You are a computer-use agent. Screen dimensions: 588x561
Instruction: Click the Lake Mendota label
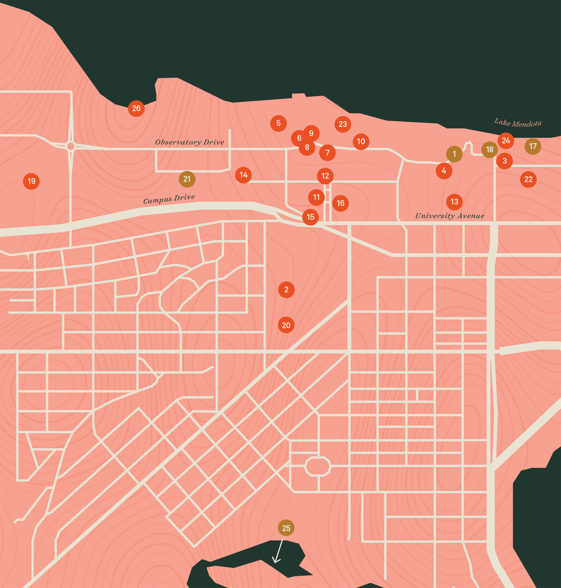point(518,123)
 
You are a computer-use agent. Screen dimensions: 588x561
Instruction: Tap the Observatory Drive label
point(190,142)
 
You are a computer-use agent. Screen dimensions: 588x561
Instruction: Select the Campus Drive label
point(169,199)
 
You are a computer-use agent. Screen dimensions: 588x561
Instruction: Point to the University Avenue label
point(450,216)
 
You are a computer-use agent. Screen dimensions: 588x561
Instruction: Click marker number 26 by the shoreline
point(136,108)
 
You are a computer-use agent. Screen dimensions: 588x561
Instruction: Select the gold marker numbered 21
point(187,179)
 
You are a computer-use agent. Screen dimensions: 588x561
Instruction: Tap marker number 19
point(31,181)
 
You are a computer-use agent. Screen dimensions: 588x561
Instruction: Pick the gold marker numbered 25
point(286,528)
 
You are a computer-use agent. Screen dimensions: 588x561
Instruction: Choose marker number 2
point(286,289)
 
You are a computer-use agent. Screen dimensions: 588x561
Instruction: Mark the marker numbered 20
point(286,325)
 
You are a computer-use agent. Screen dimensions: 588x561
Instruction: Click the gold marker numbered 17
point(533,146)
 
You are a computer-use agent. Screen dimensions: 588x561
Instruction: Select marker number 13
point(454,202)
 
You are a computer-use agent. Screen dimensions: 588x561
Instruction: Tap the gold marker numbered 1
point(454,154)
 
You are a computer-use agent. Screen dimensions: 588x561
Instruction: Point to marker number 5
point(278,123)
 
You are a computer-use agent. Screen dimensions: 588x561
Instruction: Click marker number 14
point(243,175)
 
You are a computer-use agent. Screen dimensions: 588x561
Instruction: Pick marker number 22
point(528,179)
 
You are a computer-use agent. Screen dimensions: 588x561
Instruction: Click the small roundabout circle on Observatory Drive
point(71,146)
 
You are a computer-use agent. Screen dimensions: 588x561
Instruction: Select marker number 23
point(343,124)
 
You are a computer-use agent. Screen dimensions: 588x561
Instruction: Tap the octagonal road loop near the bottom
point(318,466)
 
